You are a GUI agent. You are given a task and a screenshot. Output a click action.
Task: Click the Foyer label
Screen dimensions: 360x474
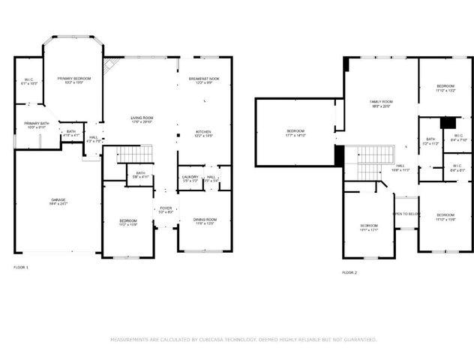[166, 210]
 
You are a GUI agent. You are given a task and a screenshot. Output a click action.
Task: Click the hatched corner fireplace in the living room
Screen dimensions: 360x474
[109, 64]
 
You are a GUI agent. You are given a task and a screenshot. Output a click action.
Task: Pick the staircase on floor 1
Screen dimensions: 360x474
[135, 154]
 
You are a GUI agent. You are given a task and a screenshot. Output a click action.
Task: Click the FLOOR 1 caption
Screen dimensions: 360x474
[22, 267]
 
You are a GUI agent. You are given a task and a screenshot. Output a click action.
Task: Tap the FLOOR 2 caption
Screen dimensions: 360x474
[349, 272]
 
